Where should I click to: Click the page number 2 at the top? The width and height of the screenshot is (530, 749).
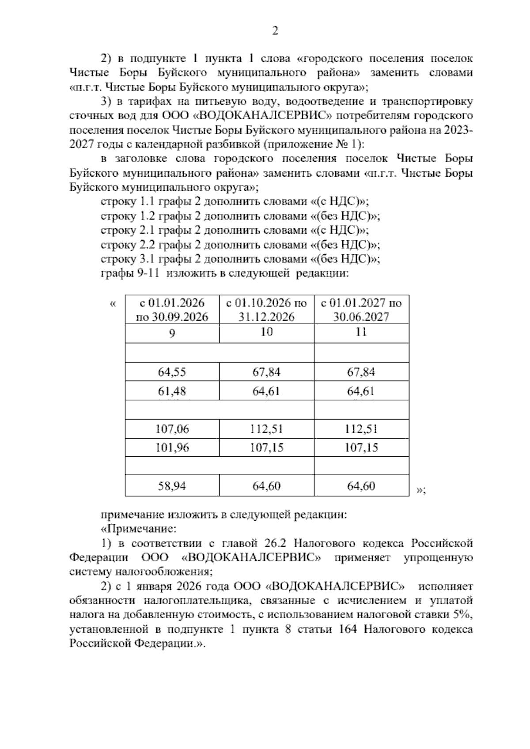[x=274, y=31]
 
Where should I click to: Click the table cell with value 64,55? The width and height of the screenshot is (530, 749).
[x=172, y=372]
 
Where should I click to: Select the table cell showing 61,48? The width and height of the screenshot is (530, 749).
[x=172, y=391]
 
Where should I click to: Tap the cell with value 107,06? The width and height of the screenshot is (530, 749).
[x=172, y=429]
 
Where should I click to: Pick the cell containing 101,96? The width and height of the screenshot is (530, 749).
[x=172, y=448]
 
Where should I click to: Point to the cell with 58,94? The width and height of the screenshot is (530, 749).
[x=172, y=486]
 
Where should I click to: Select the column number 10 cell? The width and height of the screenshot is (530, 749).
[x=267, y=333]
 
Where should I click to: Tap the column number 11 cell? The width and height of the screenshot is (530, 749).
[x=361, y=333]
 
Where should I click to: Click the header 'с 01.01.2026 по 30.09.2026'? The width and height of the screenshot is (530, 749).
[x=172, y=310]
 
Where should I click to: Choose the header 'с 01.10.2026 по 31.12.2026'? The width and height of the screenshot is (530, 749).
[x=267, y=310]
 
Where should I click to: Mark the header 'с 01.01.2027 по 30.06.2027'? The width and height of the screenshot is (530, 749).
[x=361, y=310]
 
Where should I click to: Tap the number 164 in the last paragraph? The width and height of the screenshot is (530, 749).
[x=347, y=629]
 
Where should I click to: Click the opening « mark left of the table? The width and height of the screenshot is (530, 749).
[x=113, y=303]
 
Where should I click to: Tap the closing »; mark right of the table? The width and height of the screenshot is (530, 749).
[x=420, y=490]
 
